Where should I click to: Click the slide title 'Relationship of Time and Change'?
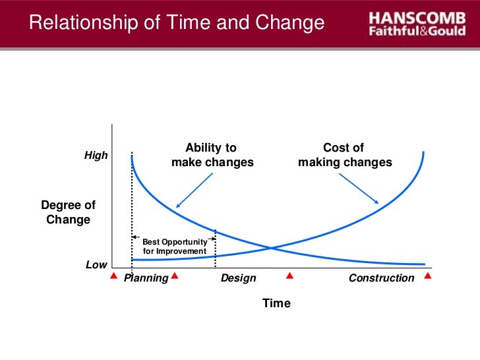click(x=177, y=24)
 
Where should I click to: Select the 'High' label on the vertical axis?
click(x=96, y=156)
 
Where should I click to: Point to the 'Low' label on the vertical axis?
click(x=96, y=264)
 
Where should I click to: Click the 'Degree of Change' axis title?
click(x=68, y=212)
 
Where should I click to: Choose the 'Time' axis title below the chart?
click(x=276, y=303)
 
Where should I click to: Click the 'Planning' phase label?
click(x=146, y=278)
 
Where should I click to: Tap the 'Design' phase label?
click(x=238, y=278)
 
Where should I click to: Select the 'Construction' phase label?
click(x=381, y=278)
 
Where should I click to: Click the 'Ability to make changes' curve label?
click(x=212, y=155)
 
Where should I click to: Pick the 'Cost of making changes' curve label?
click(x=344, y=155)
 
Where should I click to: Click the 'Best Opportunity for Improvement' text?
click(x=174, y=247)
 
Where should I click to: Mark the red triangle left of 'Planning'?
click(x=113, y=276)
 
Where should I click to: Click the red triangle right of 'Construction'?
click(x=428, y=276)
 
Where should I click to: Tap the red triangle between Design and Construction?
click(x=288, y=276)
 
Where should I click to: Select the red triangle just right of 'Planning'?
click(x=175, y=276)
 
